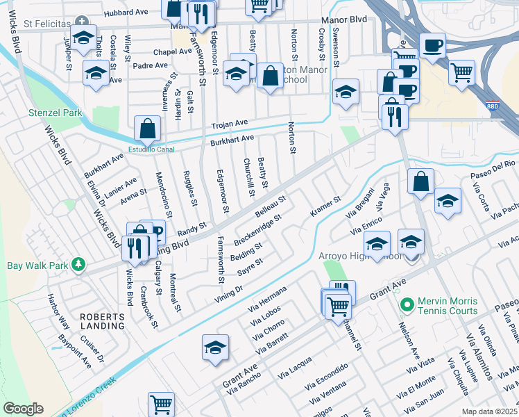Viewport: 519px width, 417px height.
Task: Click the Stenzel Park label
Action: (x=55, y=113)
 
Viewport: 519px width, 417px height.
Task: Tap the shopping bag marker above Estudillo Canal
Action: (x=148, y=128)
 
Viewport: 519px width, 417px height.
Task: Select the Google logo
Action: (x=22, y=409)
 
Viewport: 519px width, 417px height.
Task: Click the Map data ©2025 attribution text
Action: (x=489, y=411)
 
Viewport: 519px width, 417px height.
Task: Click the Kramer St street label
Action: (x=325, y=206)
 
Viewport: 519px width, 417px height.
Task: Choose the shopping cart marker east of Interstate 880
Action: (x=461, y=72)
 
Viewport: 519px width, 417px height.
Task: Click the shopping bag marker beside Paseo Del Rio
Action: (x=420, y=182)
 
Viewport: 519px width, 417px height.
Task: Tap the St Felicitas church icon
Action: (x=83, y=23)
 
